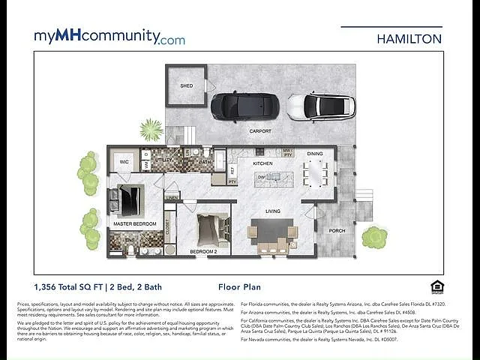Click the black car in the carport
[x=235, y=106]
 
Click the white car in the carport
[x=321, y=106]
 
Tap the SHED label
[x=186, y=85]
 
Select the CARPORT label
[x=261, y=131]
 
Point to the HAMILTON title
[x=409, y=38]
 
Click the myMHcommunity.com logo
[x=109, y=37]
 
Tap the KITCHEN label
[x=262, y=163]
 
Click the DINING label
[x=315, y=154]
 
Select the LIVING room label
[x=272, y=211]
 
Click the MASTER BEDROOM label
[x=135, y=223]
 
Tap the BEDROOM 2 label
[x=202, y=250]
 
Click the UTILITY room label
[x=163, y=160]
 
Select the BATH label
[x=205, y=161]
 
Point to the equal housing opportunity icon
[x=437, y=286]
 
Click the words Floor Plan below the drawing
[x=238, y=286]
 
